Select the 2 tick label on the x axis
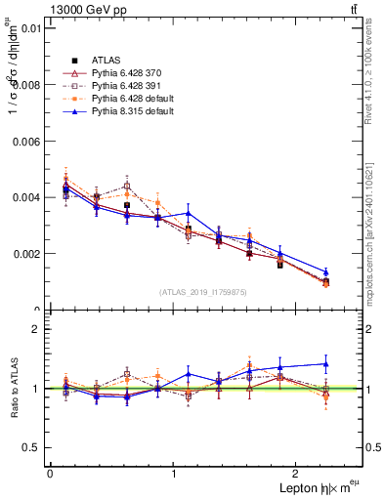(x=299, y=473)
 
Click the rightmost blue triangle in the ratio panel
(x=325, y=363)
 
